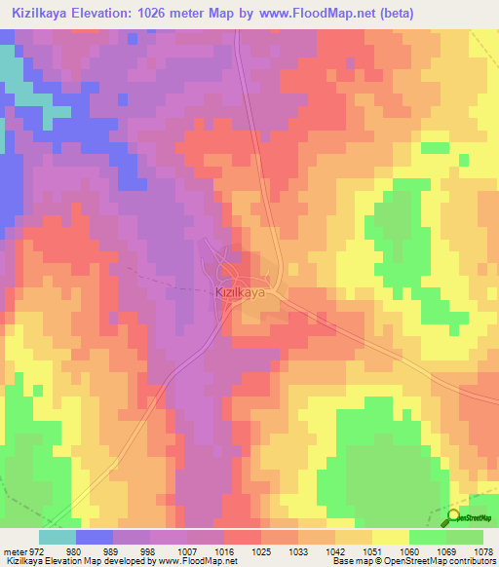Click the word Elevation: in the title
tap(124, 13)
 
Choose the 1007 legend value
tap(188, 551)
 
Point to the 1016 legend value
tap(225, 551)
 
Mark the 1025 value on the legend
tap(262, 551)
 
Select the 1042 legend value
tap(336, 551)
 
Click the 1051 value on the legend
tap(373, 551)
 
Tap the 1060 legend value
tap(410, 551)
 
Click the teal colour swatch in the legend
tap(58, 537)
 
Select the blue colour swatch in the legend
tap(95, 537)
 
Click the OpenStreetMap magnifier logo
tap(454, 517)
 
